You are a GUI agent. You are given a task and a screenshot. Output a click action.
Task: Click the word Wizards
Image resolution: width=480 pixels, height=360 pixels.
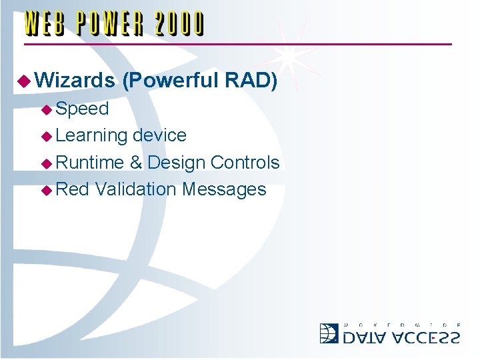(x=75, y=81)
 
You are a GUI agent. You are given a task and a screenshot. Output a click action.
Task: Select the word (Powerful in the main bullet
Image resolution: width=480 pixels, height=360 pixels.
(x=171, y=81)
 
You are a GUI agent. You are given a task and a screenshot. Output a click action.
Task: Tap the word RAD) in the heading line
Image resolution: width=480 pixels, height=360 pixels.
(x=251, y=81)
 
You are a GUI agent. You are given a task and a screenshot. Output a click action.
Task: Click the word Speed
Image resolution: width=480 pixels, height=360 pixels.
(x=83, y=109)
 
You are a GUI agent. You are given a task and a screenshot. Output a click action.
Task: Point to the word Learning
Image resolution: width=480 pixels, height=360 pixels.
(x=91, y=136)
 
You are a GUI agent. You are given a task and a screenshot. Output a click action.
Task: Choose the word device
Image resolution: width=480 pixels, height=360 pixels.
(x=159, y=135)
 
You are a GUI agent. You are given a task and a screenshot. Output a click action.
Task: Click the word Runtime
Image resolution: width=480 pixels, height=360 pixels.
(x=90, y=163)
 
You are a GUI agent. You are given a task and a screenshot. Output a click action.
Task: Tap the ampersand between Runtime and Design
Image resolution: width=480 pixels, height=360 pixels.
(x=136, y=163)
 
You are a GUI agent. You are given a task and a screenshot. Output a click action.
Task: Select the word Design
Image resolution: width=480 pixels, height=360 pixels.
(x=176, y=163)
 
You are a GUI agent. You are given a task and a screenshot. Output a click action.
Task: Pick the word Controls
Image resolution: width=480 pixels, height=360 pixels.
(x=245, y=163)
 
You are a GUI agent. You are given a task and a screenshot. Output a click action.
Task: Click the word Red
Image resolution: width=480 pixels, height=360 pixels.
(x=72, y=189)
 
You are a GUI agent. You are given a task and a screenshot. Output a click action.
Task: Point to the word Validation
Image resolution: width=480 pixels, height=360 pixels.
(x=135, y=189)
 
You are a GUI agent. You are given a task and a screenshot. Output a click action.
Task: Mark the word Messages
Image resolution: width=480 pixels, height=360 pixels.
(x=223, y=189)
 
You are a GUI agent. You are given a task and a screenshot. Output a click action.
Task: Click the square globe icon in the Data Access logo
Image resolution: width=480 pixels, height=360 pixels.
(x=329, y=333)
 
